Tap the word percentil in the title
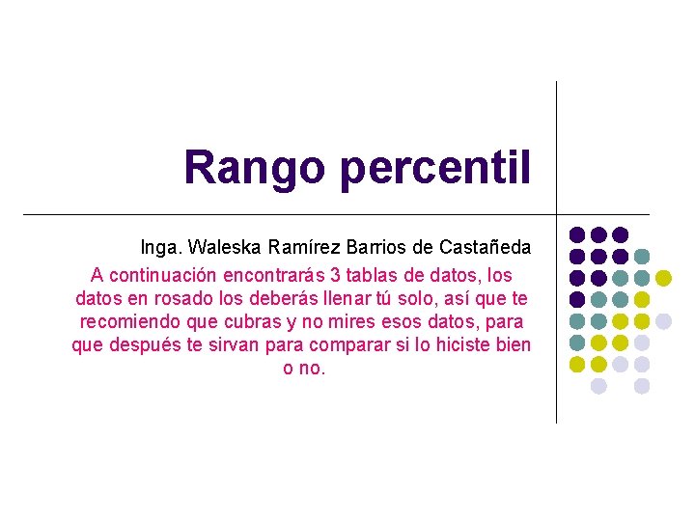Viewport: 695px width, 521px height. (x=434, y=167)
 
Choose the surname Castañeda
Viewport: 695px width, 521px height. (x=485, y=248)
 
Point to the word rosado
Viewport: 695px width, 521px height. (x=198, y=298)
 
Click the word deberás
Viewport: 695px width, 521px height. (x=291, y=298)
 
